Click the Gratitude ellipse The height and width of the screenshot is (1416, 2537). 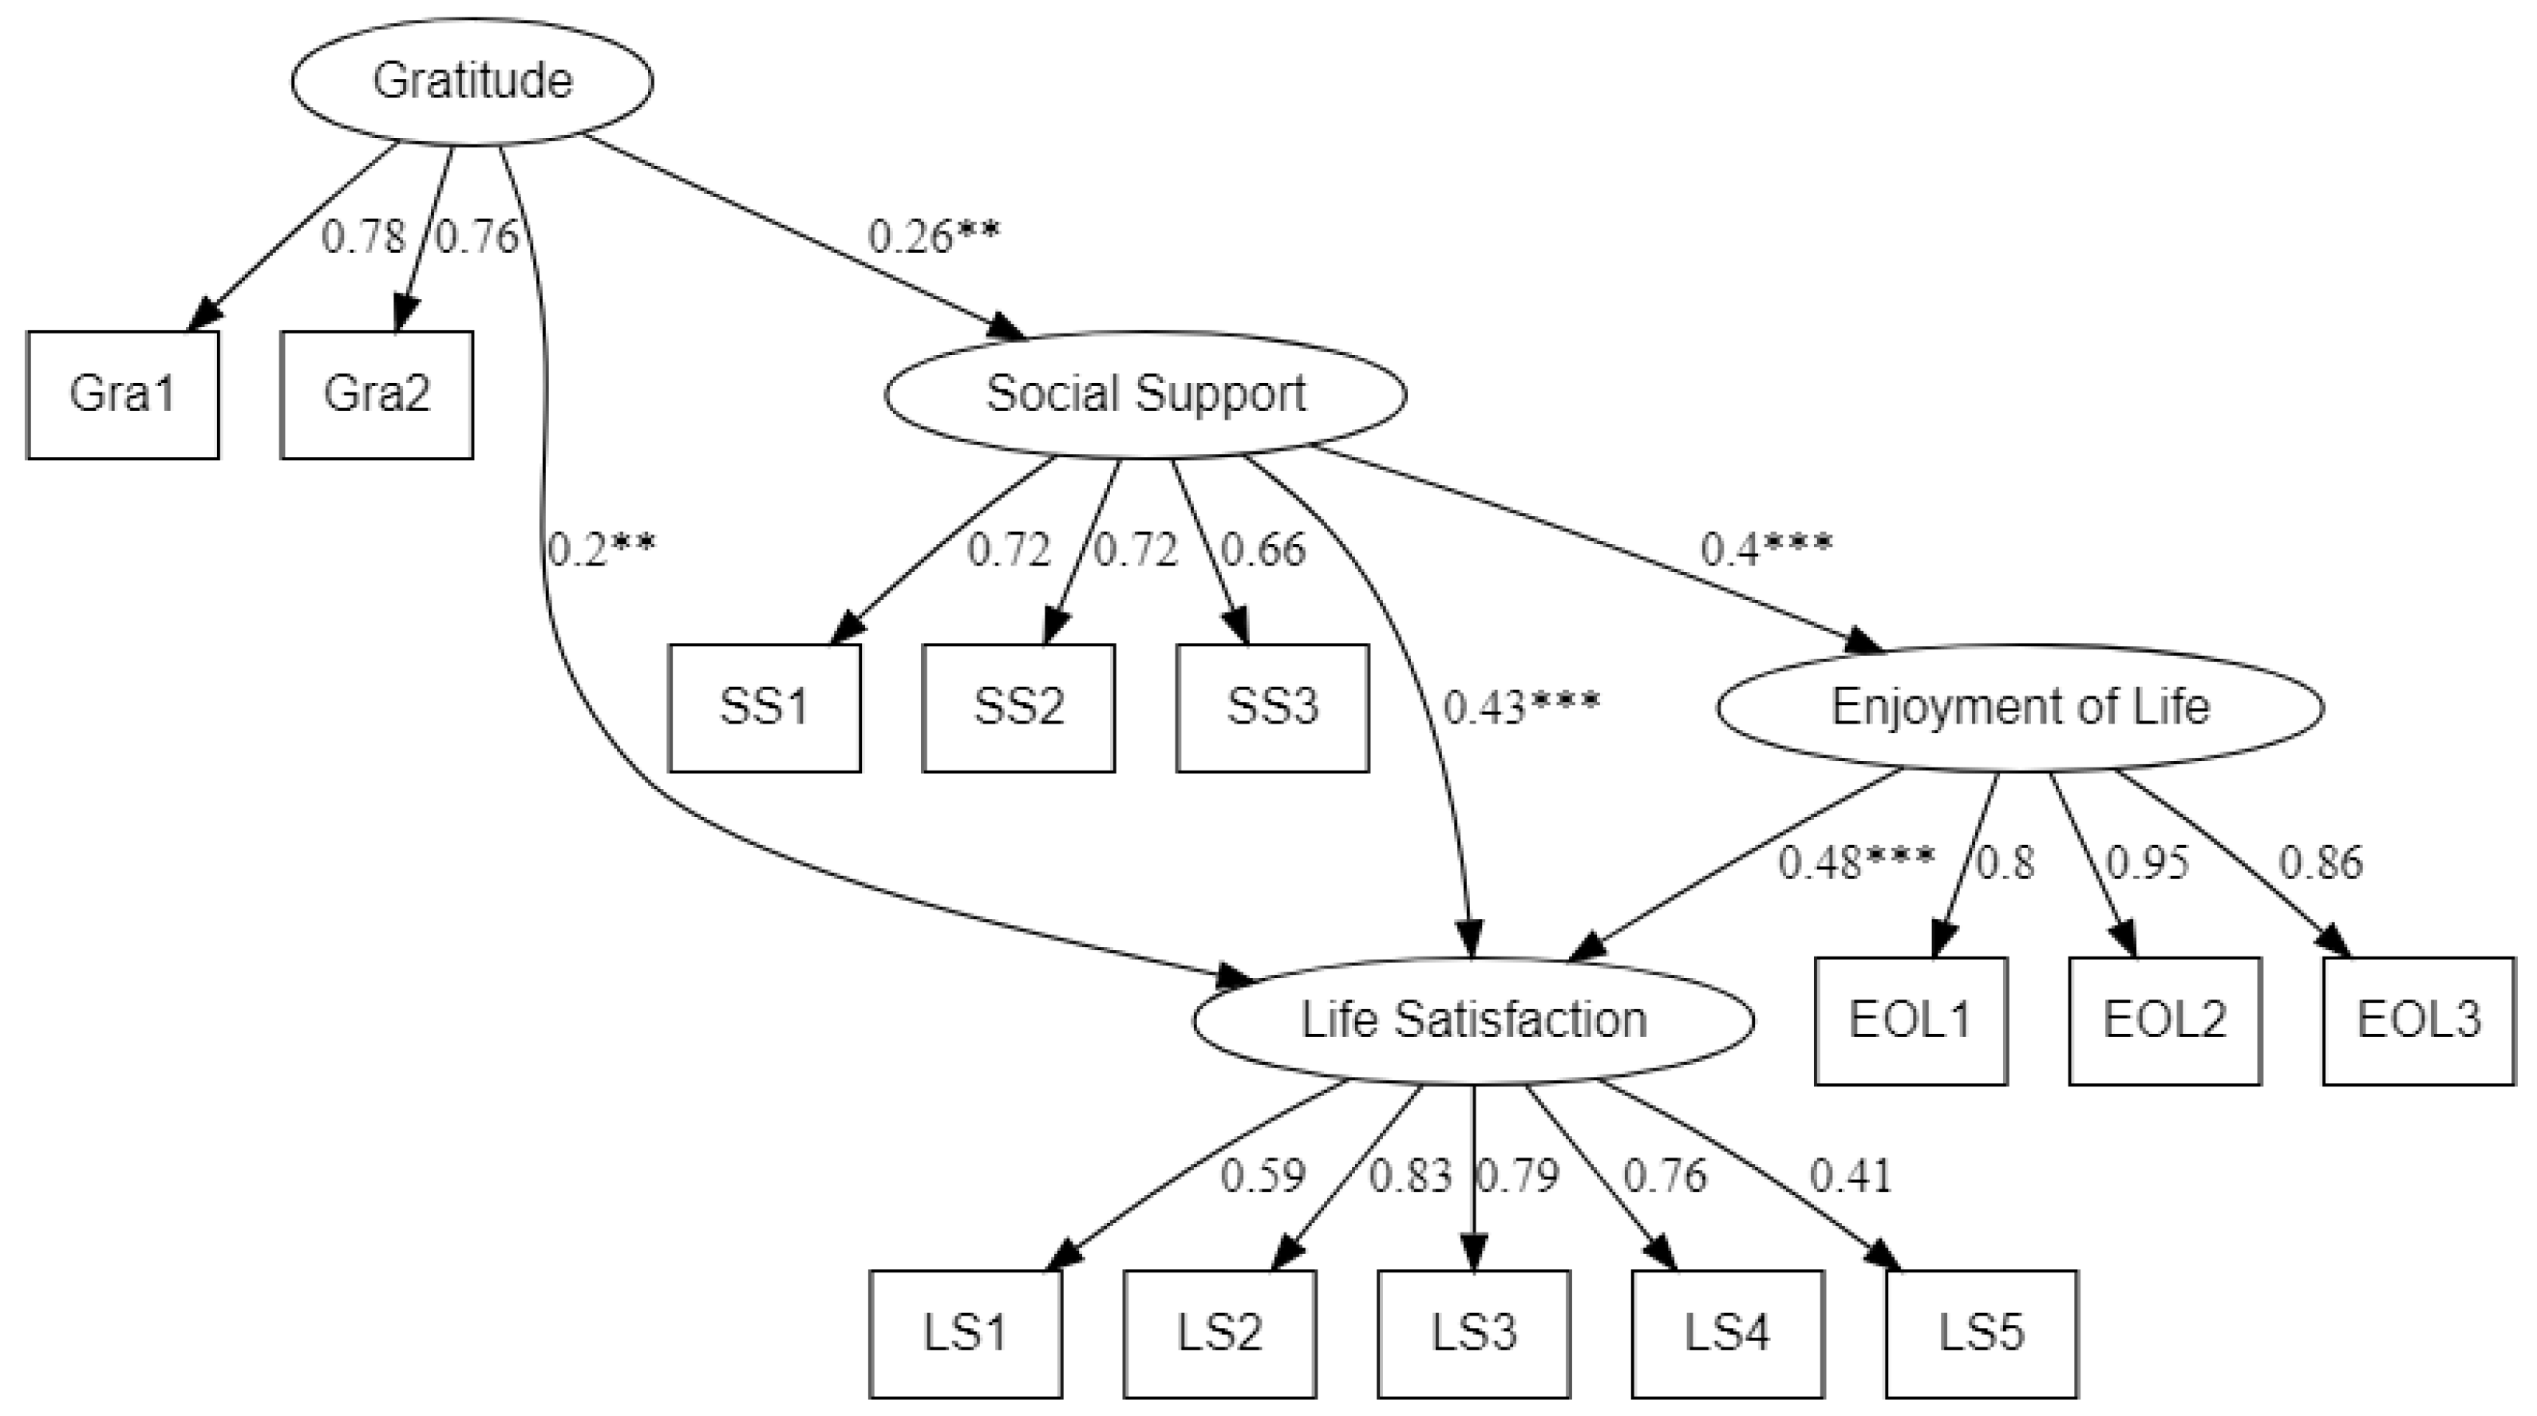pyautogui.click(x=472, y=81)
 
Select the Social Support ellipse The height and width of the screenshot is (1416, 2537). pyautogui.click(x=1145, y=394)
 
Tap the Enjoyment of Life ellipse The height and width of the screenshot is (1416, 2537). pyautogui.click(x=2020, y=707)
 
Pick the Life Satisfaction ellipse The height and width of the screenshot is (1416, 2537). pyautogui.click(x=1473, y=1020)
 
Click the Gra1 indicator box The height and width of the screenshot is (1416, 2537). pyautogui.click(x=122, y=395)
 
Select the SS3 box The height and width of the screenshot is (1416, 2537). pyautogui.click(x=1271, y=708)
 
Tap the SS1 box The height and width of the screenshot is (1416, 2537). pyautogui.click(x=765, y=708)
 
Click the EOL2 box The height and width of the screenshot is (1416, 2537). pyautogui.click(x=2165, y=1021)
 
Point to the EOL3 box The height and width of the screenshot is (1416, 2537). pyautogui.click(x=2418, y=1021)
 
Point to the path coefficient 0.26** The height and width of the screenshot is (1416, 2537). pyautogui.click(x=933, y=236)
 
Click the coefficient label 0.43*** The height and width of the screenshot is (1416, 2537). pyautogui.click(x=1520, y=707)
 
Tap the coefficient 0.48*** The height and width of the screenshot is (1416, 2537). pyautogui.click(x=1855, y=862)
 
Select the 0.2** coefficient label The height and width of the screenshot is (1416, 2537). pyautogui.click(x=601, y=550)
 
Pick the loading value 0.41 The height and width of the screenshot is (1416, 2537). pyautogui.click(x=1851, y=1177)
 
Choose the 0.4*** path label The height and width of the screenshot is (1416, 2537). pyautogui.click(x=1766, y=550)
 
